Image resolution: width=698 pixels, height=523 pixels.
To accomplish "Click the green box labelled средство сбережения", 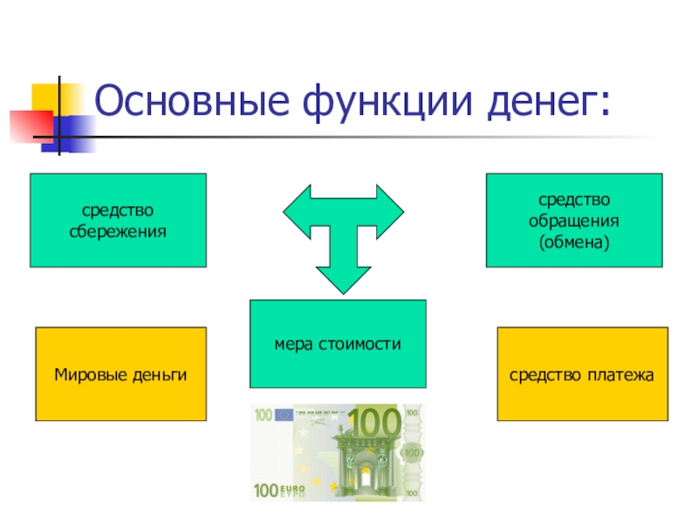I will pyautogui.click(x=118, y=220).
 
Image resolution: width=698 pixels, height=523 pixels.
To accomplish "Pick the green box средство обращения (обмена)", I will pyautogui.click(x=573, y=220).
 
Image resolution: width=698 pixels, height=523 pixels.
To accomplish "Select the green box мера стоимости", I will pyautogui.click(x=338, y=343).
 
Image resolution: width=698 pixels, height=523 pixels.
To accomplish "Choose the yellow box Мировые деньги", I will pyautogui.click(x=120, y=375).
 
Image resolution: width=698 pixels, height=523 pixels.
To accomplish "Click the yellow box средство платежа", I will pyautogui.click(x=582, y=375).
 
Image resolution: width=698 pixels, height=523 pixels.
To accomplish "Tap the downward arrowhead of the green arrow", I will pyautogui.click(x=343, y=277).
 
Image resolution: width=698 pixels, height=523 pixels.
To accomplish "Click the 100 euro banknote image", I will pyautogui.click(x=338, y=452).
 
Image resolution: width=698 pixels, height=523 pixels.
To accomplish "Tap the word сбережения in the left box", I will pyautogui.click(x=118, y=232).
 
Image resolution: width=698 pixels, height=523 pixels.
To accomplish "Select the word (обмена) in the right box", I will pyautogui.click(x=573, y=240).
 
